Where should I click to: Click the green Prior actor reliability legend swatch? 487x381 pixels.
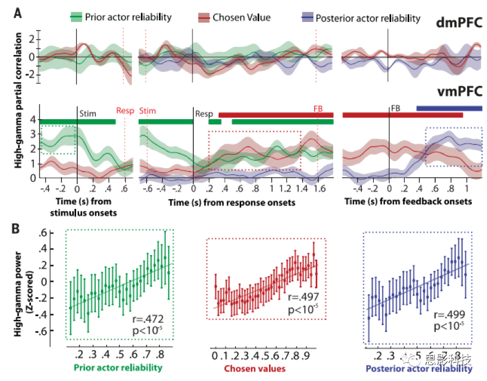point(77,16)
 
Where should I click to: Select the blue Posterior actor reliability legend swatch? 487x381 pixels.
point(307,17)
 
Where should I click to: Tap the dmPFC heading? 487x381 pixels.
point(459,24)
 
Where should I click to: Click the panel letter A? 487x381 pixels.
point(18,12)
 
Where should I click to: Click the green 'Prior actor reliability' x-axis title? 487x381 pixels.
point(117,368)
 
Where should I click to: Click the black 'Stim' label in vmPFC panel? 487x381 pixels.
point(87,113)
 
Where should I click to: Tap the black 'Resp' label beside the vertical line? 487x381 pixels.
point(203,113)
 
